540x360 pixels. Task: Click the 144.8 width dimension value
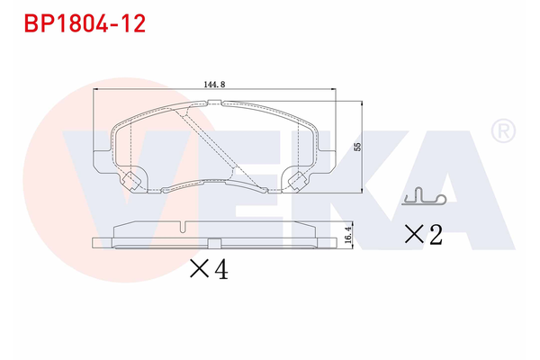tap(214, 84)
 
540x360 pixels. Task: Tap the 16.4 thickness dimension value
tap(347, 236)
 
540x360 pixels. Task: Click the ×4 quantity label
tap(209, 268)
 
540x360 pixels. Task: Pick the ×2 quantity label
tap(422, 235)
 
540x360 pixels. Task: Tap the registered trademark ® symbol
tap(502, 131)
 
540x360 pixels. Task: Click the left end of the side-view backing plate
tap(96, 242)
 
